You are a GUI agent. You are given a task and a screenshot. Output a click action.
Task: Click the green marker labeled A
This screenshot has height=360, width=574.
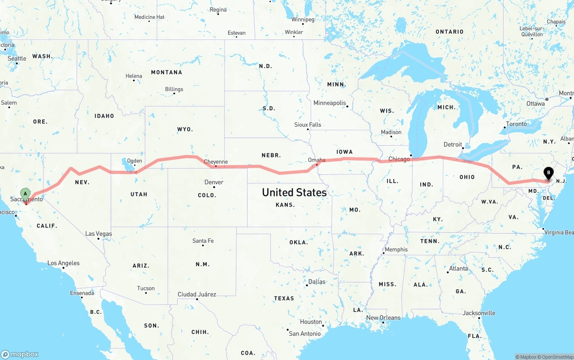26,195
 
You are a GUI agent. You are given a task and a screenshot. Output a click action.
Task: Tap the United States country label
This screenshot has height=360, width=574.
294,192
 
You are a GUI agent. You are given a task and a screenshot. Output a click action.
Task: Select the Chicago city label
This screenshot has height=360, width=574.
399,159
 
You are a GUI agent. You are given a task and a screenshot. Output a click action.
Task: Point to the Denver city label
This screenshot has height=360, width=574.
213,182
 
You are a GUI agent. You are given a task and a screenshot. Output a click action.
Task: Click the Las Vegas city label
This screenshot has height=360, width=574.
99,234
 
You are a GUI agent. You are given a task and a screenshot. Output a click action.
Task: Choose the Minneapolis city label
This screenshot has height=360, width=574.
330,103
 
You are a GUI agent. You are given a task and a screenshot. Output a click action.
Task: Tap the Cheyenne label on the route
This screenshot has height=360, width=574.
216,162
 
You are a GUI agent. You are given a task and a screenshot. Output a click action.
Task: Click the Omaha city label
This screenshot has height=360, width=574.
317,160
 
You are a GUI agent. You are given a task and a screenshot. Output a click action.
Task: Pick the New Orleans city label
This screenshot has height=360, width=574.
383,318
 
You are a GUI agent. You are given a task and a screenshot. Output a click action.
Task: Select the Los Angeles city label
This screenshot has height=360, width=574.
64,263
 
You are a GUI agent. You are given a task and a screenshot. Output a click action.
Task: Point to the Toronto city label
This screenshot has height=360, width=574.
516,124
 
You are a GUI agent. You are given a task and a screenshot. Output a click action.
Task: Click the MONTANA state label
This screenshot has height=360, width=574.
166,72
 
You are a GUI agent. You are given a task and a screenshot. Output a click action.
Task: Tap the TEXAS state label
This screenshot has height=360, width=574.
284,298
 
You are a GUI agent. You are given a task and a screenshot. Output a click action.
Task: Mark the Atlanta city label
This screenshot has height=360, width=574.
458,269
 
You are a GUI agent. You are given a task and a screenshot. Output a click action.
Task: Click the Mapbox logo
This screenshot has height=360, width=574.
20,354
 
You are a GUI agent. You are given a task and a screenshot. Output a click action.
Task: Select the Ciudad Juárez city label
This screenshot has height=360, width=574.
197,295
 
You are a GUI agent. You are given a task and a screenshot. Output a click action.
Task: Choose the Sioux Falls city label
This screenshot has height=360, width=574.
308,125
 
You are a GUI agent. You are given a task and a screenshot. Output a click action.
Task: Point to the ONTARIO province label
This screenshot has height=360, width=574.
449,32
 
